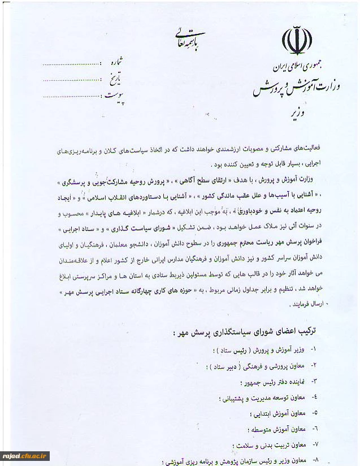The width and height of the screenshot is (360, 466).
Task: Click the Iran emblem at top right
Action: [297, 41]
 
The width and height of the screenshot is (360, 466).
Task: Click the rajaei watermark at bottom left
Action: [25, 456]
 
